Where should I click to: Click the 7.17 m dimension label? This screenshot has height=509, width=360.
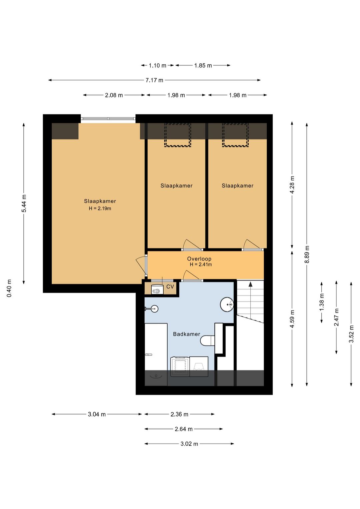154,80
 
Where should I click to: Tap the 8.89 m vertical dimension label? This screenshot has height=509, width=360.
307,254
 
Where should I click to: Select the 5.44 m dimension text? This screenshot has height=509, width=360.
24,203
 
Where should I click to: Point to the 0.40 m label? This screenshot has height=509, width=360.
9,289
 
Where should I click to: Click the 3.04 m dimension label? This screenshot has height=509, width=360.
97,414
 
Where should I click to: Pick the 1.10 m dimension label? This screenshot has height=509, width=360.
157,66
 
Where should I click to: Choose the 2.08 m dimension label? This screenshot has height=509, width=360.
114,95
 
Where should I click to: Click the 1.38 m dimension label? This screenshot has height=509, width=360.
322,302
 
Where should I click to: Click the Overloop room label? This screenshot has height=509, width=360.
199,259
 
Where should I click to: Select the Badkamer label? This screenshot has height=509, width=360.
186,334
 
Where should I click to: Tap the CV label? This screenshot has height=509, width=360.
170,287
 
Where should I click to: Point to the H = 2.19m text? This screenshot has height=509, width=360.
100,208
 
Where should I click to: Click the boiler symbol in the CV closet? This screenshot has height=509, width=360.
157,290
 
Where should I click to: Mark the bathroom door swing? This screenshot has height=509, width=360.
191,276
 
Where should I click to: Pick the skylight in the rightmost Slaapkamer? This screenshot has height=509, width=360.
235,135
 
